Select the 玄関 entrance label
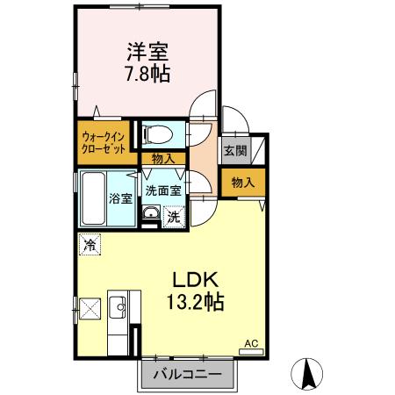click(x=234, y=151)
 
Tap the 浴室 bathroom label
click(x=121, y=198)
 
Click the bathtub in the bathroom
click(x=91, y=198)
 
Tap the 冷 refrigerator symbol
click(x=89, y=246)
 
